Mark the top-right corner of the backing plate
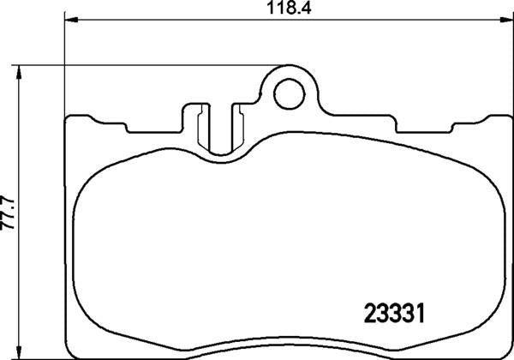pyautogui.click(x=500, y=117)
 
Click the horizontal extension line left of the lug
pyautogui.click(x=146, y=65)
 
